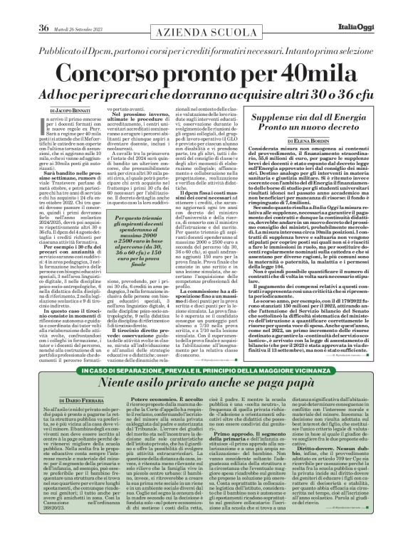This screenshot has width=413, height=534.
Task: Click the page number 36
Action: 43,8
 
